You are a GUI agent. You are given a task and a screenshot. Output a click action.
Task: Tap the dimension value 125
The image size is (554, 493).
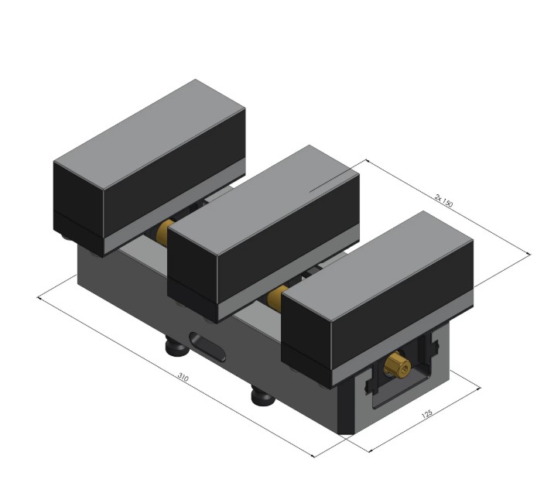point(426,416)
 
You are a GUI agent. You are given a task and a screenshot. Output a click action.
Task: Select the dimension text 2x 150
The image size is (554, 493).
point(443,200)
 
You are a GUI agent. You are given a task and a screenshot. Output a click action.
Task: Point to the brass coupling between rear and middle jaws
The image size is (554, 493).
point(165,231)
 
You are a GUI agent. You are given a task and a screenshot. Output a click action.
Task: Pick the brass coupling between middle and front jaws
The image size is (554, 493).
point(277,296)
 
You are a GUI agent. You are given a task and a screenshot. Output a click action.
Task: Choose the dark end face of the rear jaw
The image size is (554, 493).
point(78,204)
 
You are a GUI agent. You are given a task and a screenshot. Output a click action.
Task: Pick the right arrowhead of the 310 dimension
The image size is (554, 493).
point(313,457)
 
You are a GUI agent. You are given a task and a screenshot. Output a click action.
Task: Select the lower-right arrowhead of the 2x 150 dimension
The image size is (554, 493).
point(530,253)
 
